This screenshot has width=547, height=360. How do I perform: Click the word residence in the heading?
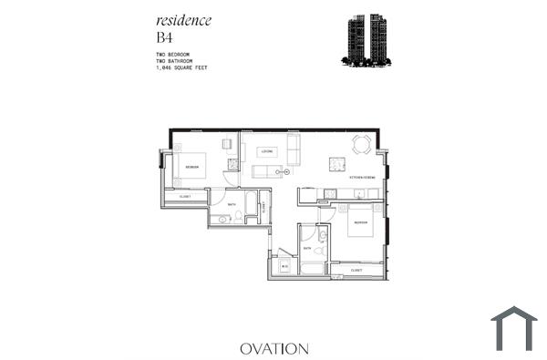[183, 21]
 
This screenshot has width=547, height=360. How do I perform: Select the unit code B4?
[165, 37]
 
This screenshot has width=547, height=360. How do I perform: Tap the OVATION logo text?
[274, 348]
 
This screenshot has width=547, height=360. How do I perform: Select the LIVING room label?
[267, 151]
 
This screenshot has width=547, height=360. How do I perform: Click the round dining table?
[362, 144]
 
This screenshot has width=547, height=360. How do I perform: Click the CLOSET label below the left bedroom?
[185, 196]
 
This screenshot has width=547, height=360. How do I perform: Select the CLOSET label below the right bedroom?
[356, 271]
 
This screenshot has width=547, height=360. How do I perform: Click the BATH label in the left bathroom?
[232, 205]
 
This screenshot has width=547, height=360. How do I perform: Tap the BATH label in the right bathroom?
[307, 248]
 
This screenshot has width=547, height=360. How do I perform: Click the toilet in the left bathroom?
[223, 220]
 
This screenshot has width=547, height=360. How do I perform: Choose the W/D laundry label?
[284, 266]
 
